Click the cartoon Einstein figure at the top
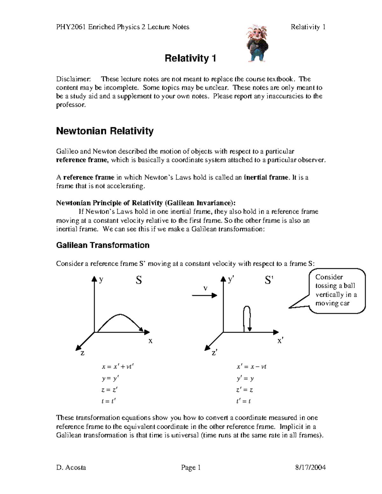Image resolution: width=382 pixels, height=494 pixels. point(258,43)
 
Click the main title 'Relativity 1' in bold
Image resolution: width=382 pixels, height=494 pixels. point(190,58)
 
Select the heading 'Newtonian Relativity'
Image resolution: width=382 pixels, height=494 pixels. point(105,131)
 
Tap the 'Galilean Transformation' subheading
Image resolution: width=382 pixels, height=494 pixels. point(103,245)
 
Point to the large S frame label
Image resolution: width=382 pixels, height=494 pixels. point(139,280)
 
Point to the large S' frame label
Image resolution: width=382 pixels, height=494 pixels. point(269,280)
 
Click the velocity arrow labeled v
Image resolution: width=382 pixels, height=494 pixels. point(204,295)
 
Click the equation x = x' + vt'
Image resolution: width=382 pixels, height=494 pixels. point(118,366)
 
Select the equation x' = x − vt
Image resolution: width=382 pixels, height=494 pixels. point(251,366)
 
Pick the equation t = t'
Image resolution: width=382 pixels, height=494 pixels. point(109,401)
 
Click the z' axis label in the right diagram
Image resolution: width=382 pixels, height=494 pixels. point(214,353)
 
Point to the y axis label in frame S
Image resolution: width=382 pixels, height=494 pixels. point(101,280)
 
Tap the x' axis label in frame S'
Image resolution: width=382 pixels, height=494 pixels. point(280,341)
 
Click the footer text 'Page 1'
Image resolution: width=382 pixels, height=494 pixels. point(191,467)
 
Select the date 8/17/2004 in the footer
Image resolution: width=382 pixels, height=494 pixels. point(310,467)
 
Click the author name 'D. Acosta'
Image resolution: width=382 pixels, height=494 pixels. point(71,467)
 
